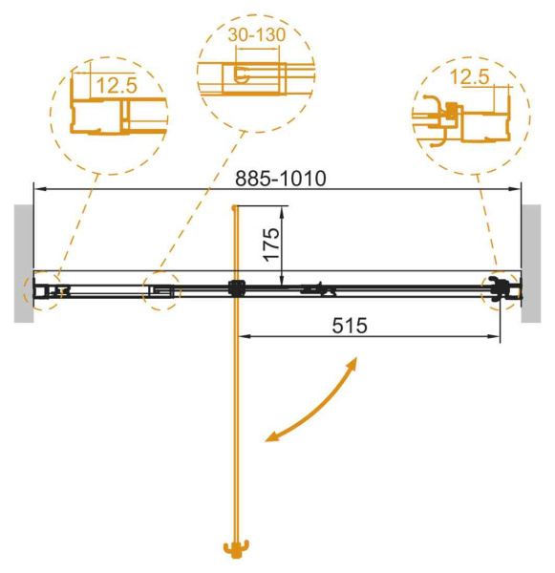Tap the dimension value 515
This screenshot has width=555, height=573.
coord(351,324)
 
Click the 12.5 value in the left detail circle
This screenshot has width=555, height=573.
coord(116,85)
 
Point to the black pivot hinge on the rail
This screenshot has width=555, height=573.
coord(236,288)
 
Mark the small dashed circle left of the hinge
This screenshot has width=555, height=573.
coord(161,290)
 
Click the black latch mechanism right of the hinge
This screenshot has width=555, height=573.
coord(318,287)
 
